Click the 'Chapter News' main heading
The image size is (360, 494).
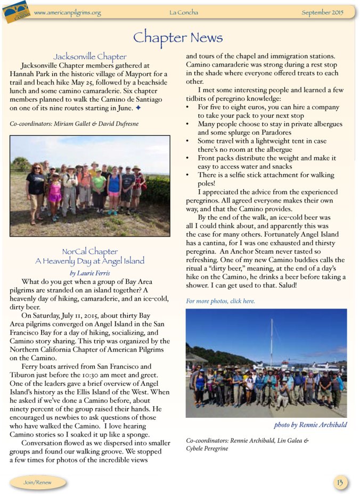click(x=178, y=37)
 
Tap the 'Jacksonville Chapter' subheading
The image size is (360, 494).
click(x=90, y=56)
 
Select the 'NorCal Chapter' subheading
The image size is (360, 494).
click(x=90, y=251)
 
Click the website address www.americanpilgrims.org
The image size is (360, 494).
click(x=67, y=12)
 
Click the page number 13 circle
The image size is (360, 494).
click(x=339, y=482)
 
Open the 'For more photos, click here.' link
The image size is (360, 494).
click(x=220, y=301)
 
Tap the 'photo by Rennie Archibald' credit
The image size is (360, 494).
click(x=310, y=425)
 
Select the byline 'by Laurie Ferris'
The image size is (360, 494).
click(x=90, y=273)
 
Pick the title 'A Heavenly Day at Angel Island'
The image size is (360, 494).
click(x=90, y=261)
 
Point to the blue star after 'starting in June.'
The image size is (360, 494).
click(x=138, y=108)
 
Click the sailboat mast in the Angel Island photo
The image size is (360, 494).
click(x=272, y=341)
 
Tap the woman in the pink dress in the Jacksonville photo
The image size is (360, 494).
click(x=55, y=195)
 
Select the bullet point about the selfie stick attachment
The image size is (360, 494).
click(x=261, y=179)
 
